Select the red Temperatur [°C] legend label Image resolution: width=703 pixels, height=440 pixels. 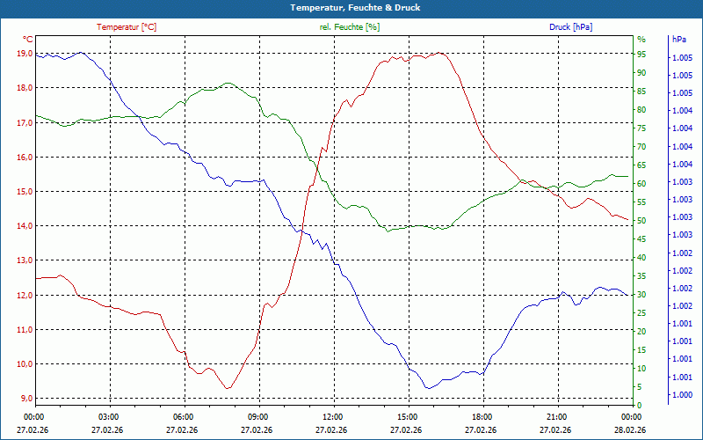[127, 27]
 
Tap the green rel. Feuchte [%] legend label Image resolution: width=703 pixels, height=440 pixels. [349, 27]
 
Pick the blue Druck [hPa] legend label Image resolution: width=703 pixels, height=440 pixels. [570, 27]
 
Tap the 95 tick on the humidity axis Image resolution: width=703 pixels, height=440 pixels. [641, 54]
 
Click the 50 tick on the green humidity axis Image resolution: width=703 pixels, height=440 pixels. [641, 220]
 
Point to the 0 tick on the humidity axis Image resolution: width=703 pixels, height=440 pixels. [639, 405]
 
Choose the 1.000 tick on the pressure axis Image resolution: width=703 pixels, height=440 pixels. [681, 395]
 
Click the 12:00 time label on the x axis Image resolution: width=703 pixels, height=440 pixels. [333, 416]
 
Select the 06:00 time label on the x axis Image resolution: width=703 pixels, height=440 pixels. [184, 416]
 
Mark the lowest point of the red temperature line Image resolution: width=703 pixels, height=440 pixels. [228, 388]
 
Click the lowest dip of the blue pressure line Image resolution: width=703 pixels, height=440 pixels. [428, 388]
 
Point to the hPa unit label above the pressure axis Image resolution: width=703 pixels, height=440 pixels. [678, 40]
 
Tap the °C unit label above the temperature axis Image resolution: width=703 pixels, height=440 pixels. [28, 40]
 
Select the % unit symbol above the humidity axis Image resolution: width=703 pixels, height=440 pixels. [641, 40]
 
